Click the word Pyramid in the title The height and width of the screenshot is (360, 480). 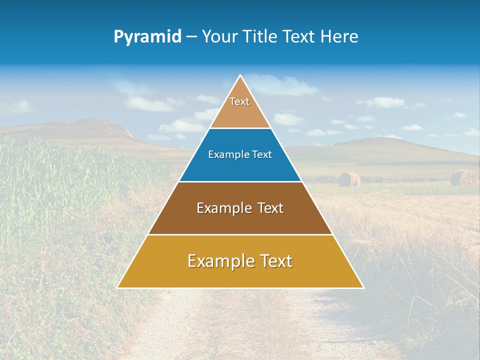147,37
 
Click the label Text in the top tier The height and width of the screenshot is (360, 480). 239,102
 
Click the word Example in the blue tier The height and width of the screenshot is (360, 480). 225,155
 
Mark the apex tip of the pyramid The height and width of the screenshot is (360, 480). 240,76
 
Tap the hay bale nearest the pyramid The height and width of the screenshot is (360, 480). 349,179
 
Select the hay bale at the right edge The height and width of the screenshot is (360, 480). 463,177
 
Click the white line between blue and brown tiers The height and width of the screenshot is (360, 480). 240,181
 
